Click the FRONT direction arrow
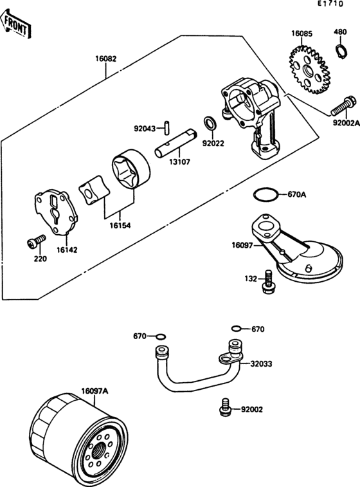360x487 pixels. (x=15, y=24)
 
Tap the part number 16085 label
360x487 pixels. (x=301, y=33)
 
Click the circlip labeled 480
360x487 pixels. (x=342, y=51)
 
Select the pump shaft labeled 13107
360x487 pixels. (x=175, y=144)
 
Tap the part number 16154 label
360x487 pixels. (x=120, y=225)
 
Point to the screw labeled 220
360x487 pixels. (x=36, y=241)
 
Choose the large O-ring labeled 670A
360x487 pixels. (x=265, y=195)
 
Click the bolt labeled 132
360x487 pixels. (x=267, y=282)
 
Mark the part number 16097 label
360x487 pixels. (x=242, y=245)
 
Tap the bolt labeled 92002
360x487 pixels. (x=224, y=407)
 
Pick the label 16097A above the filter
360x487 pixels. (x=95, y=391)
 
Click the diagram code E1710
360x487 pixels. (x=330, y=4)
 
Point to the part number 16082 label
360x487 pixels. (x=106, y=59)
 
